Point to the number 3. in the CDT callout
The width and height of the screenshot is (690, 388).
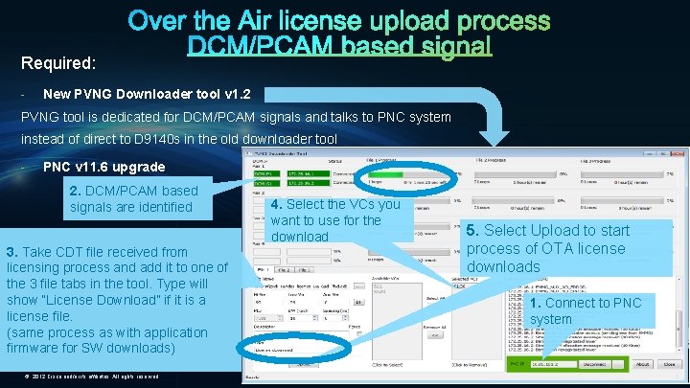[11, 252]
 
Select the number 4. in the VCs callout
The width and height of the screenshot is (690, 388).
[277, 204]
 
